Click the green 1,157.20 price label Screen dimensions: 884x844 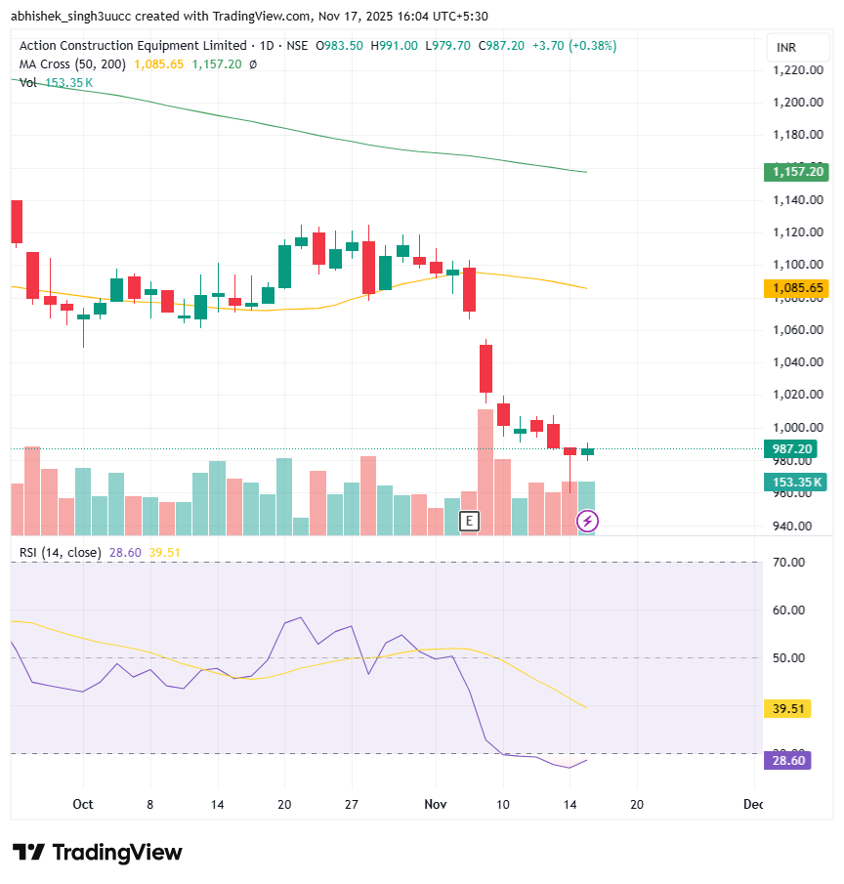point(797,172)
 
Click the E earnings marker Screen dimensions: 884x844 point(470,521)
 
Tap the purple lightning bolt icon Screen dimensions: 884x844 point(587,522)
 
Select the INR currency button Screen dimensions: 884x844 point(786,48)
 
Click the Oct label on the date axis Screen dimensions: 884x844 point(83,804)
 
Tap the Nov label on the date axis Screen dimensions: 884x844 point(436,804)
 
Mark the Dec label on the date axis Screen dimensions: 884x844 point(752,804)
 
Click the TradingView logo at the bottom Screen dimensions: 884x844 point(98,852)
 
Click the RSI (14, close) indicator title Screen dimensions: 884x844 point(60,552)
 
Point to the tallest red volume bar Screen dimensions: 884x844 point(485,472)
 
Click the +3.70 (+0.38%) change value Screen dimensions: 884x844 point(573,46)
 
